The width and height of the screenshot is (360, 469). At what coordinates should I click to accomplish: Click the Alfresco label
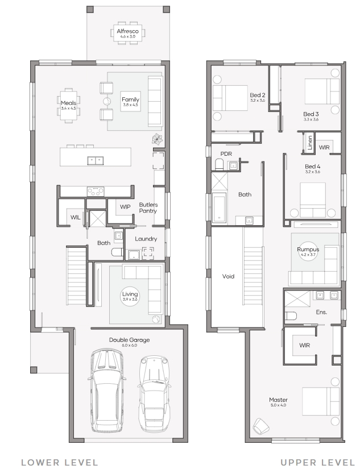point(128,31)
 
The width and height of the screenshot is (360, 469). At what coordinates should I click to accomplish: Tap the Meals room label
point(68,103)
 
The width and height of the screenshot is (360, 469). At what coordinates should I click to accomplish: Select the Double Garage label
point(129,340)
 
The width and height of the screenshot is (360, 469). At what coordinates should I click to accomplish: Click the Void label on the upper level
point(228,276)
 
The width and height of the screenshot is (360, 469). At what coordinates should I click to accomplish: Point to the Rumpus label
point(308,250)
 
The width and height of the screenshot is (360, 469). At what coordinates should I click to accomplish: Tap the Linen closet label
point(310,142)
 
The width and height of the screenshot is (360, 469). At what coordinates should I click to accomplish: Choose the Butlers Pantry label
point(148,207)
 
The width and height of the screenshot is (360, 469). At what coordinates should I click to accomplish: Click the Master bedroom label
point(278,400)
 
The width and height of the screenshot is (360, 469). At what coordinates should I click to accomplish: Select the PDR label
point(226,153)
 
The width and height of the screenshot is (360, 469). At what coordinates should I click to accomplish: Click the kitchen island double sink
point(96,161)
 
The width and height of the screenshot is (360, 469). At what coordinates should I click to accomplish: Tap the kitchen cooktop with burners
point(96,192)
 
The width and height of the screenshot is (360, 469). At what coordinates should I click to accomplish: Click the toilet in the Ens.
point(291,316)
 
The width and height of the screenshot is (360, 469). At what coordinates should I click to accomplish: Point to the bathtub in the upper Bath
point(219,207)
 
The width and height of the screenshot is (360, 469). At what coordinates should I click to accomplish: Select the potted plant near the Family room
point(158,139)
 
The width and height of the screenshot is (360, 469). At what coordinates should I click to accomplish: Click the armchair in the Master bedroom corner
point(260,426)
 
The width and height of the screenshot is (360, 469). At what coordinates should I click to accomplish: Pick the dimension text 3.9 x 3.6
point(130,300)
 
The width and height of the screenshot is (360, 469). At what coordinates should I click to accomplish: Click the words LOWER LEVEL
point(60,462)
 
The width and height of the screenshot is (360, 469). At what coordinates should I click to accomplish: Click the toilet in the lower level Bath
point(118,252)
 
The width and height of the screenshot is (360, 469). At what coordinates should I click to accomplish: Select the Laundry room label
point(146,239)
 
